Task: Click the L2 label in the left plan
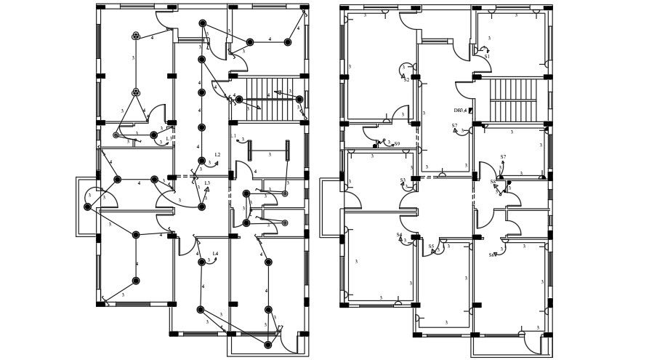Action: [x=217, y=155]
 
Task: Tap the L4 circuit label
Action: [x=215, y=254]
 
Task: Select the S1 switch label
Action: [x=487, y=56]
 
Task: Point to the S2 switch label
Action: [x=406, y=79]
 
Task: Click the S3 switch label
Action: [x=403, y=180]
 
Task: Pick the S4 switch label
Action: [x=399, y=235]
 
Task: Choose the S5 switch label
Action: [x=431, y=247]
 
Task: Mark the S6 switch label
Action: [x=493, y=182]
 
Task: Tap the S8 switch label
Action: [x=492, y=255]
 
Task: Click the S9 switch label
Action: [x=397, y=144]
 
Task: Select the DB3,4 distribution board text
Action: [x=459, y=111]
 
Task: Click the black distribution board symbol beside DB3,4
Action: [x=470, y=111]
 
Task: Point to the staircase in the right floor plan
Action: [x=513, y=100]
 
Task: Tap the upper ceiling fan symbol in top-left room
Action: [x=136, y=36]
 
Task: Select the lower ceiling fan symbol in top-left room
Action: [x=136, y=92]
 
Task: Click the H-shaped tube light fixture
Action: [x=269, y=151]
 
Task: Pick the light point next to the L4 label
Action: [x=202, y=262]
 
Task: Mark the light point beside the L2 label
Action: [x=202, y=161]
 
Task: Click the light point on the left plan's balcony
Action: [x=88, y=207]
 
